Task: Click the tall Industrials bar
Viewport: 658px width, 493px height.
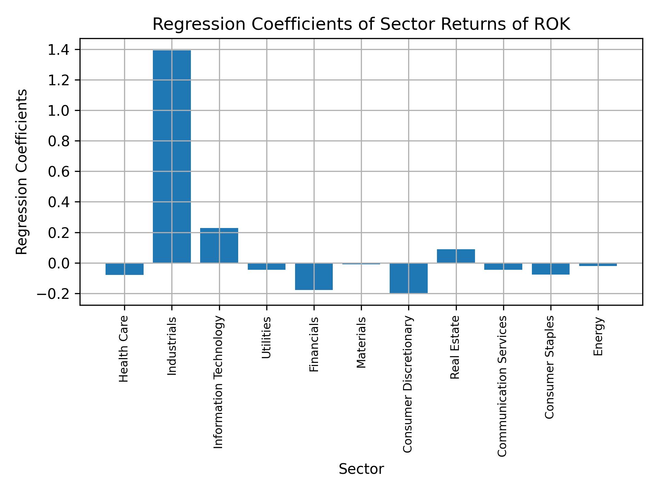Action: click(172, 156)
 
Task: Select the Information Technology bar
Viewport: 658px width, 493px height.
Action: click(219, 245)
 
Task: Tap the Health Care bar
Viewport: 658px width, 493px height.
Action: click(124, 269)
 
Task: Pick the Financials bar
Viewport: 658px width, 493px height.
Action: click(314, 277)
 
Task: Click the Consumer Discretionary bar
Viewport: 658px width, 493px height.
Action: click(409, 278)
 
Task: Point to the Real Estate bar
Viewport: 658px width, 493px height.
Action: click(456, 256)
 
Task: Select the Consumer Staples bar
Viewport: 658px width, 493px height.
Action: click(550, 269)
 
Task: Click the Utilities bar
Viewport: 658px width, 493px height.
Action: click(267, 266)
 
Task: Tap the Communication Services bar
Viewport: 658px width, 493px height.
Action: click(503, 266)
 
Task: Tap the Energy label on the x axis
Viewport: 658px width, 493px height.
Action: click(598, 337)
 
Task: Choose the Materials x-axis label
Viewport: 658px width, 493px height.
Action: click(361, 343)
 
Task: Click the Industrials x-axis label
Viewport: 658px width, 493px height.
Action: click(172, 346)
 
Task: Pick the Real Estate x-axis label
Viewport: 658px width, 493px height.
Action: click(455, 347)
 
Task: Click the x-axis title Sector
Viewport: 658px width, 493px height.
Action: click(361, 469)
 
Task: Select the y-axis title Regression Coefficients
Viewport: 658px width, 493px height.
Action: click(22, 172)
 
